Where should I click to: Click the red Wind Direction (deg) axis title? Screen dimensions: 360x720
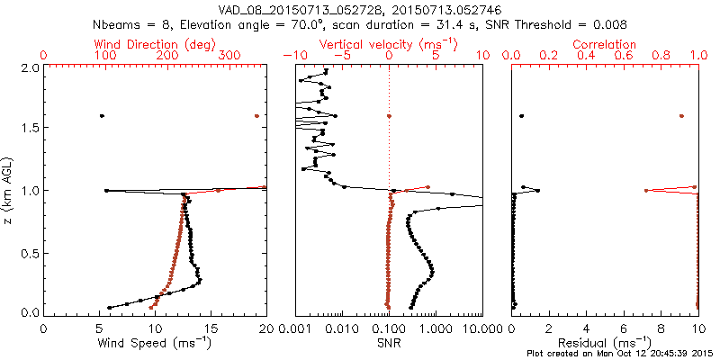pos(155,44)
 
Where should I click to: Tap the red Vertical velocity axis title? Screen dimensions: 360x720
pos(389,44)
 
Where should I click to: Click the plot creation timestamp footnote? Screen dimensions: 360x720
pos(621,354)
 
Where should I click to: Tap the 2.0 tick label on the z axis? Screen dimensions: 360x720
pos(30,67)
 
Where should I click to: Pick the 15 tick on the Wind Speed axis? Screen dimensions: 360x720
pos(210,329)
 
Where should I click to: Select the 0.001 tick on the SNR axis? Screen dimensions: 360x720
pos(295,329)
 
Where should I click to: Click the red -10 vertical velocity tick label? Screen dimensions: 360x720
pos(292,56)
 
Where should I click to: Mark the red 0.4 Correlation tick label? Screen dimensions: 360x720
pos(586,56)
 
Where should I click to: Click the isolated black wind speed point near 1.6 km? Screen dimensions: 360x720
pos(102,116)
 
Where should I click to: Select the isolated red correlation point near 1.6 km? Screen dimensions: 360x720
pos(681,116)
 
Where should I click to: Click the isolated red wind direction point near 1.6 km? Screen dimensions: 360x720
pos(256,116)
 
